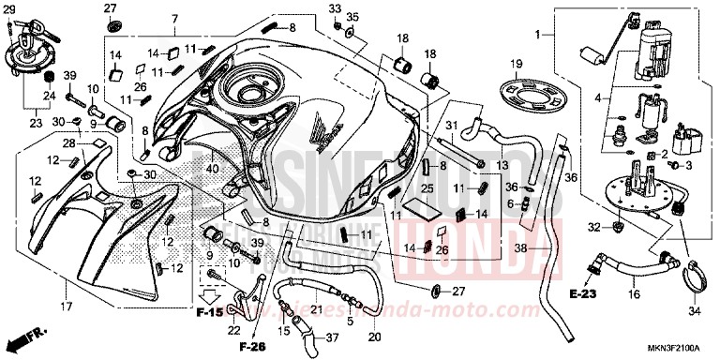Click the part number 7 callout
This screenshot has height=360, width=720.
(x=174, y=20)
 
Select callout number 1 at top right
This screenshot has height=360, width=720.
(x=537, y=35)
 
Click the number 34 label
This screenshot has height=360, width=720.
(x=694, y=310)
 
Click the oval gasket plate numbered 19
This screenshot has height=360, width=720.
(x=520, y=97)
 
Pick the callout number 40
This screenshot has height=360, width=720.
(x=213, y=169)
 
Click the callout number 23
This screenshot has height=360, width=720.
(x=37, y=122)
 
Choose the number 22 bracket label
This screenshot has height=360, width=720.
(x=233, y=329)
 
